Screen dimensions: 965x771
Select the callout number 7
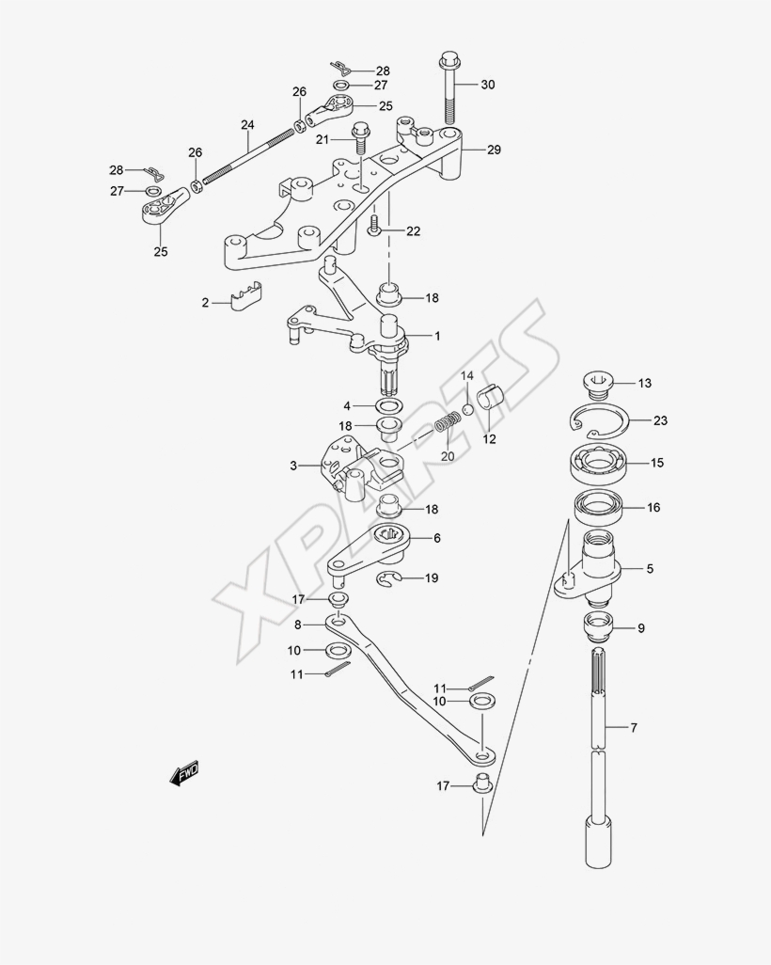click(634, 727)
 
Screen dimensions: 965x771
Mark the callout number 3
click(293, 465)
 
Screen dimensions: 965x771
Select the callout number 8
click(298, 624)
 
